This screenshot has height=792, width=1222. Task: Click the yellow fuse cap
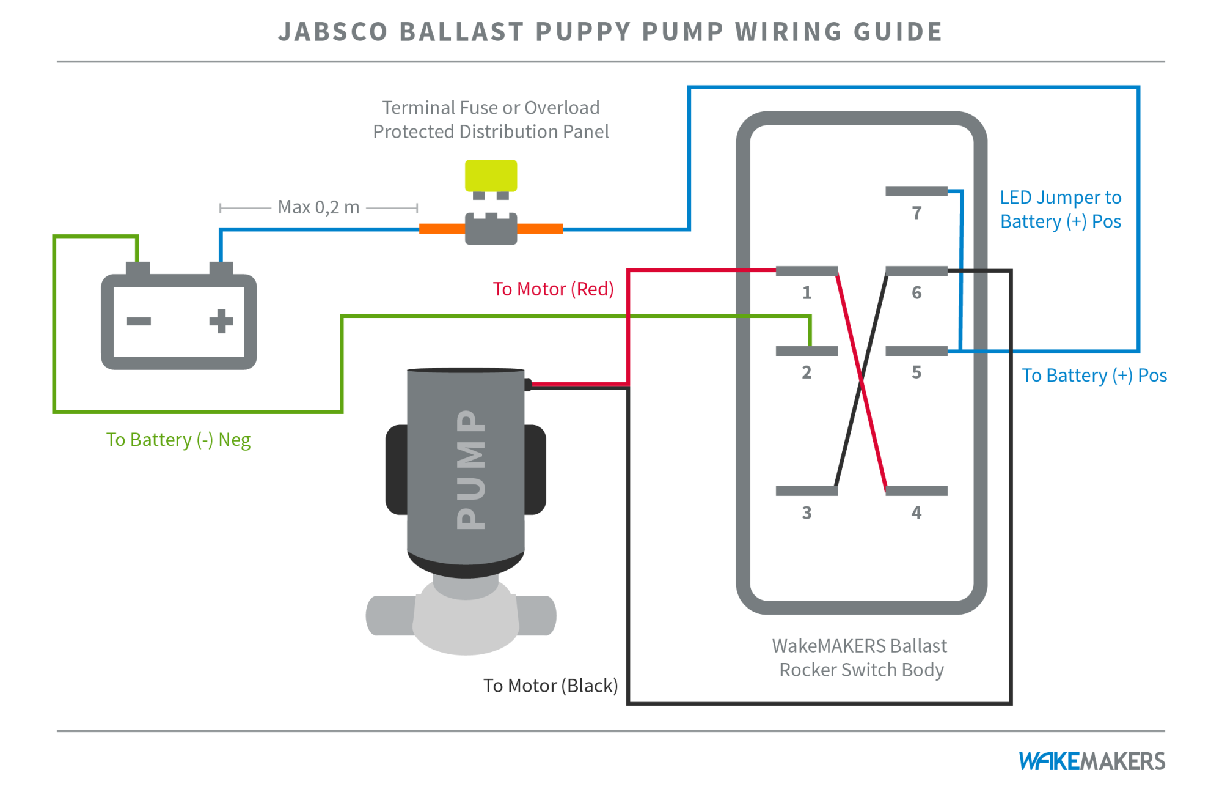click(491, 176)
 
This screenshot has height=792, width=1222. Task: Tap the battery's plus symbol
click(221, 321)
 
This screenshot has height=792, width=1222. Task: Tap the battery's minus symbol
click(139, 321)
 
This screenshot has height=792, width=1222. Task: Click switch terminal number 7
click(916, 213)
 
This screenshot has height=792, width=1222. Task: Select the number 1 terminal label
click(807, 292)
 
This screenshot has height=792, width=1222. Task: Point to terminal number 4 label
click(916, 513)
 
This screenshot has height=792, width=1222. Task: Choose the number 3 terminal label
click(807, 513)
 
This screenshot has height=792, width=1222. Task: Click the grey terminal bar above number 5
click(916, 351)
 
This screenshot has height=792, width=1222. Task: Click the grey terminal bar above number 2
click(806, 351)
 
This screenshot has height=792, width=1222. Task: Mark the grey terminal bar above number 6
click(916, 271)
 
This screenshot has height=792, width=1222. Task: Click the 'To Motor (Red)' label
click(553, 289)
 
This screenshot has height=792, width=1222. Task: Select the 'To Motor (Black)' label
click(551, 686)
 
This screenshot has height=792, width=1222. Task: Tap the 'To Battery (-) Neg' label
click(178, 440)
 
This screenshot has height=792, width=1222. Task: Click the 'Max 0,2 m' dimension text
click(318, 207)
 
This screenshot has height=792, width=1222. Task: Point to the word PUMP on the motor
click(471, 470)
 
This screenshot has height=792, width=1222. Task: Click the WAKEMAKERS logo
click(1091, 761)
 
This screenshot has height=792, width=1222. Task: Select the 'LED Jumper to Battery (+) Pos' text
click(1060, 209)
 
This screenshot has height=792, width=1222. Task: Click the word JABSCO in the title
click(333, 32)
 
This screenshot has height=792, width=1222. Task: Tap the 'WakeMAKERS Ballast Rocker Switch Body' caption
click(860, 658)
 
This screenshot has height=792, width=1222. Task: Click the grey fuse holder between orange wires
click(491, 229)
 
